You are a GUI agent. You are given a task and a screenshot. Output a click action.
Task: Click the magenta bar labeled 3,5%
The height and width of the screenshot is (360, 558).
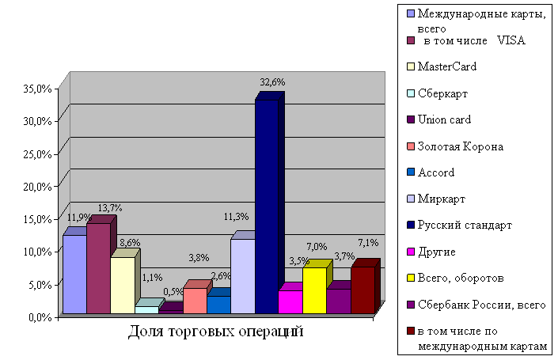click(x=290, y=301)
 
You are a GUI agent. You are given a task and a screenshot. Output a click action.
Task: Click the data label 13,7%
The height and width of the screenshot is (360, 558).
click(x=109, y=208)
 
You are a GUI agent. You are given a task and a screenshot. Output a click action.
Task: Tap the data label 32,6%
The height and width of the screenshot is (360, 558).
click(x=273, y=81)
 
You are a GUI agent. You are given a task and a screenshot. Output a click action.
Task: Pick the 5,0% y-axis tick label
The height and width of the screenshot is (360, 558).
click(x=41, y=283)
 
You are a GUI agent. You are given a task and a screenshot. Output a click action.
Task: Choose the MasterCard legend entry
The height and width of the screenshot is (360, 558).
click(x=446, y=66)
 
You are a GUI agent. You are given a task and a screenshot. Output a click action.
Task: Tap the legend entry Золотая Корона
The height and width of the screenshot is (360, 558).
click(x=460, y=146)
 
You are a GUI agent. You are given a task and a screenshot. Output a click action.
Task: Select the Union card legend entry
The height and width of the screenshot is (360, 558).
click(x=444, y=119)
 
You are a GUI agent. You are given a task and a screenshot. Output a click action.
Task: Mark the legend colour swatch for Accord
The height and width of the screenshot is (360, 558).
click(x=410, y=172)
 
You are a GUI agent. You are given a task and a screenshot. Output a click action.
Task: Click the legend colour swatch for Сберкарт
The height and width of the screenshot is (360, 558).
click(x=410, y=93)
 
